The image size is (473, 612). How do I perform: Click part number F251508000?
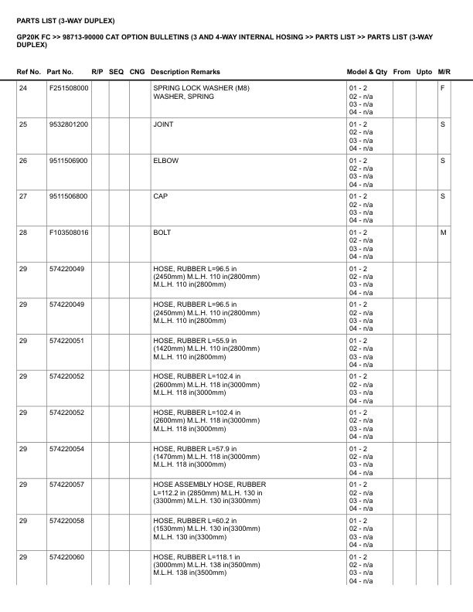68,88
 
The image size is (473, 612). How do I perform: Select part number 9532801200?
68,124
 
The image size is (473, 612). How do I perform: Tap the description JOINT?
163,124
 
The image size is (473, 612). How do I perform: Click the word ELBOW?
166,161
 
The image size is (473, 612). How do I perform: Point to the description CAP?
161,196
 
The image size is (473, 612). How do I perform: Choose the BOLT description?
162,233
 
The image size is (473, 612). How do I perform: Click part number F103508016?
68,233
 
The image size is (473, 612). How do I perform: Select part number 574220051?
66,341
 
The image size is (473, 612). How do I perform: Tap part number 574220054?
66,449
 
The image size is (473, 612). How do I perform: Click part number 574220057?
66,484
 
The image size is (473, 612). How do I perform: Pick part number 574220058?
66,521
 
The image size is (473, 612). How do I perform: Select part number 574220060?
66,557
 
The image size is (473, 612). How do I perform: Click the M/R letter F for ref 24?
443,88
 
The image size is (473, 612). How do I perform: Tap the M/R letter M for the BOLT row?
443,233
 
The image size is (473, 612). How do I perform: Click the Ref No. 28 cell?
23,233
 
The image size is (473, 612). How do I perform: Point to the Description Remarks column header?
185,72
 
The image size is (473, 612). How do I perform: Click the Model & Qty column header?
367,72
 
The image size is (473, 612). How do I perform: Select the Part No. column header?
60,72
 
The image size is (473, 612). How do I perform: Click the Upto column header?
424,72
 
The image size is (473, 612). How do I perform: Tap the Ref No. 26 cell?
23,161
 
